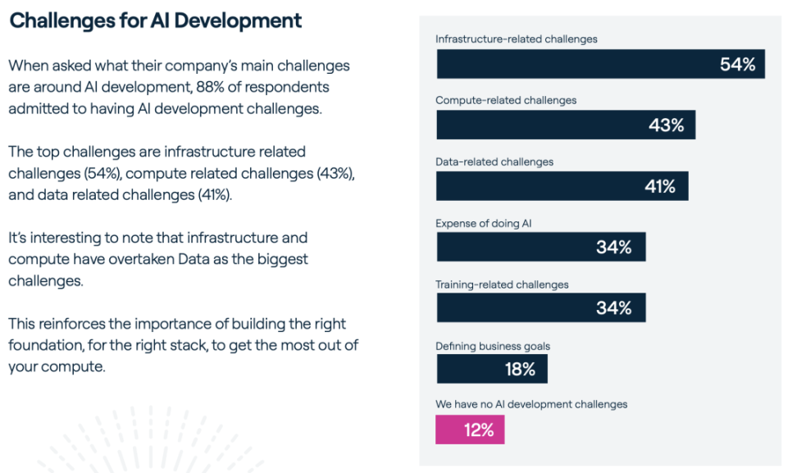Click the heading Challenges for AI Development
point(156,20)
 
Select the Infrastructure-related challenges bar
point(600,64)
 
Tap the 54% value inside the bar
point(737,65)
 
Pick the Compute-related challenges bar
point(566,125)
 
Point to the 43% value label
point(666,125)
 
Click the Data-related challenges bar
point(562,186)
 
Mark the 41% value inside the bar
point(659,187)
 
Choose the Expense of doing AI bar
point(541,247)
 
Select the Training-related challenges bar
point(541,308)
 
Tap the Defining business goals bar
point(492,369)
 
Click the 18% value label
point(520,370)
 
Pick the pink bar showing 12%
point(470,430)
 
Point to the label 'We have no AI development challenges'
point(531,404)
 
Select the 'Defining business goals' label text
point(493,346)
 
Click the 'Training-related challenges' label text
point(502,284)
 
